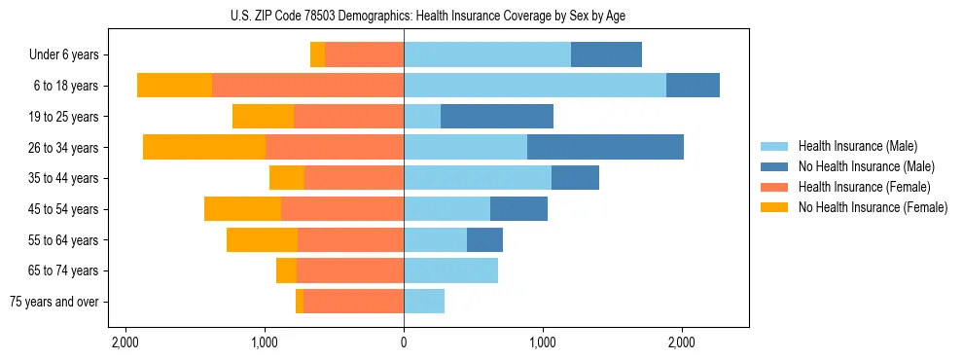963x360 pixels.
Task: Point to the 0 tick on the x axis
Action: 404,342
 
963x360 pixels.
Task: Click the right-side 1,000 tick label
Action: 543,342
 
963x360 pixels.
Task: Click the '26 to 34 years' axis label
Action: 65,148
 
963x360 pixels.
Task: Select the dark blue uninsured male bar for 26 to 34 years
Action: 605,147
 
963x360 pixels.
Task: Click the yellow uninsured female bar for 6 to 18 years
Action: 174,86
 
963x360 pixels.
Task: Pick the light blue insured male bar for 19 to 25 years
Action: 422,117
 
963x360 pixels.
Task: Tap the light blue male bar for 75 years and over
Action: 424,302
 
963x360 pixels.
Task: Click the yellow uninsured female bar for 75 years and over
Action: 300,302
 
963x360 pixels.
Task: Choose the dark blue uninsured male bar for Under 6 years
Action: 606,55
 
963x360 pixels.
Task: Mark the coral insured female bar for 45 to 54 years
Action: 342,209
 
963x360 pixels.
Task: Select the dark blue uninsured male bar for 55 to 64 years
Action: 484,239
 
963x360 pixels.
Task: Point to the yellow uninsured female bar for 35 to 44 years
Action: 287,178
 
